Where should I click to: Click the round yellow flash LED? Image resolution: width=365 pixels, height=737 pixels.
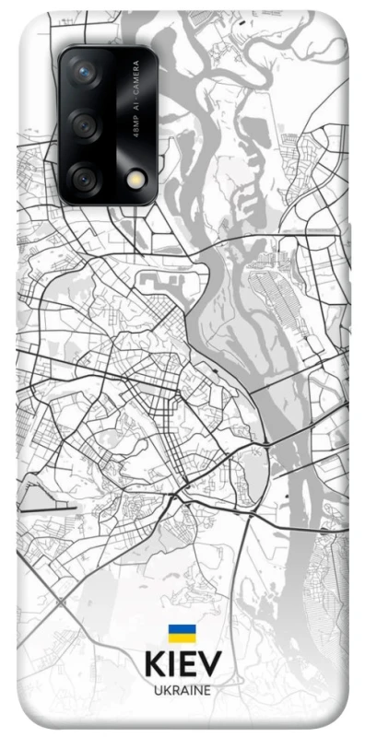click(x=113, y=177)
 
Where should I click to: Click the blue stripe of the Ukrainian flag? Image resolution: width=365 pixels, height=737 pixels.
click(x=182, y=629)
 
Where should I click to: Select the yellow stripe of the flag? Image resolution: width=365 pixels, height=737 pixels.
click(x=182, y=638)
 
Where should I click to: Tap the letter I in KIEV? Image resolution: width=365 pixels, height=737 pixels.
click(x=171, y=665)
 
